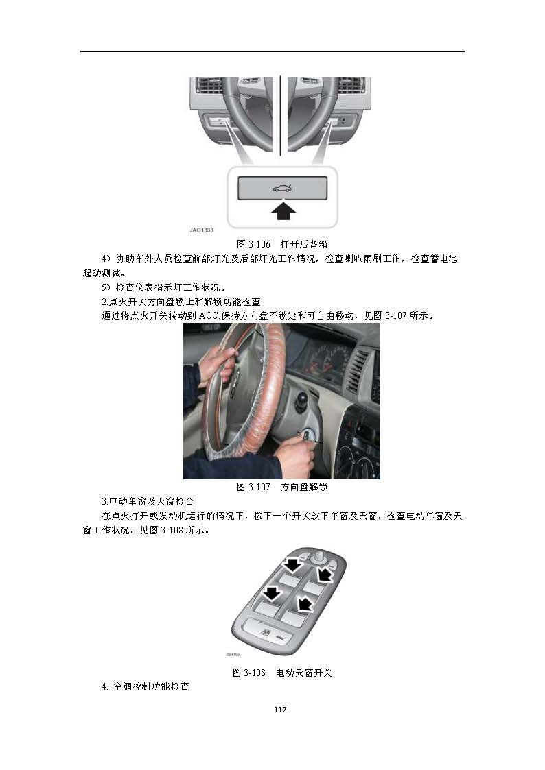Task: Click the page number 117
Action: pyautogui.click(x=280, y=709)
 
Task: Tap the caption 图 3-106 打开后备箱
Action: pyautogui.click(x=282, y=244)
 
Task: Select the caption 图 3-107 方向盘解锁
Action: pyautogui.click(x=282, y=487)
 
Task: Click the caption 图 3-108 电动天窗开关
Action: pyautogui.click(x=282, y=672)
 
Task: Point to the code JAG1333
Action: pyautogui.click(x=202, y=230)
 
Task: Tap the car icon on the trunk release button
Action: pyautogui.click(x=282, y=188)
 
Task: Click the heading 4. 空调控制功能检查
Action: pyautogui.click(x=146, y=686)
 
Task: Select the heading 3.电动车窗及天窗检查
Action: pyautogui.click(x=148, y=501)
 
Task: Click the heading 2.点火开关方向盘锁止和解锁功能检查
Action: pyautogui.click(x=181, y=302)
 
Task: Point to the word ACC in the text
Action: pyautogui.click(x=209, y=316)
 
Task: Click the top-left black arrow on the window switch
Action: pyautogui.click(x=293, y=564)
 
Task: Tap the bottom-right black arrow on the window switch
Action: pyautogui.click(x=305, y=603)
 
